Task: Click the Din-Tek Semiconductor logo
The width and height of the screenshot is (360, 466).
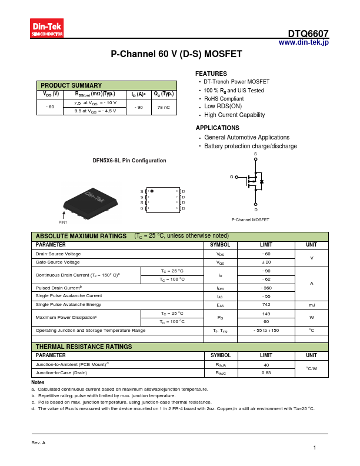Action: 46,28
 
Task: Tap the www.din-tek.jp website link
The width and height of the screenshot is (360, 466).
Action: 304,42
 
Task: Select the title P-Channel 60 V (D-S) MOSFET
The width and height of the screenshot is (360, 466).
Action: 176,54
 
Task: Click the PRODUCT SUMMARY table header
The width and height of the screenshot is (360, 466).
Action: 71,85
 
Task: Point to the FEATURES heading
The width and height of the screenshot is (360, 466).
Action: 211,74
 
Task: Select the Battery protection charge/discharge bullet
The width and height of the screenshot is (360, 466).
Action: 250,146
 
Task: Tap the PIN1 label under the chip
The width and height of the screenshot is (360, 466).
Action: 63,222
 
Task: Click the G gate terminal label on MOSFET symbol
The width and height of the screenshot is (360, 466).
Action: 232,177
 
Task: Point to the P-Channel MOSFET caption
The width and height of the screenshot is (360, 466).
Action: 250,219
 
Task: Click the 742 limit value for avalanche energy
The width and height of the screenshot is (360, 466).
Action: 266,305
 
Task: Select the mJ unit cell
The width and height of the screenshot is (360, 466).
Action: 311,305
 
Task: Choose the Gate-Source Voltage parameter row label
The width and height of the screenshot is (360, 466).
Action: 58,262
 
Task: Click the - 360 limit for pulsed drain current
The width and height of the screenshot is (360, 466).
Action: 266,288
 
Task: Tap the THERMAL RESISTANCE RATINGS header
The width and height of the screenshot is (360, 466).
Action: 84,347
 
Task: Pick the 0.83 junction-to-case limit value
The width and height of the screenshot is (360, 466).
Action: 266,372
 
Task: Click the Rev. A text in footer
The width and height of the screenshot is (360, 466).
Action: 38,442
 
